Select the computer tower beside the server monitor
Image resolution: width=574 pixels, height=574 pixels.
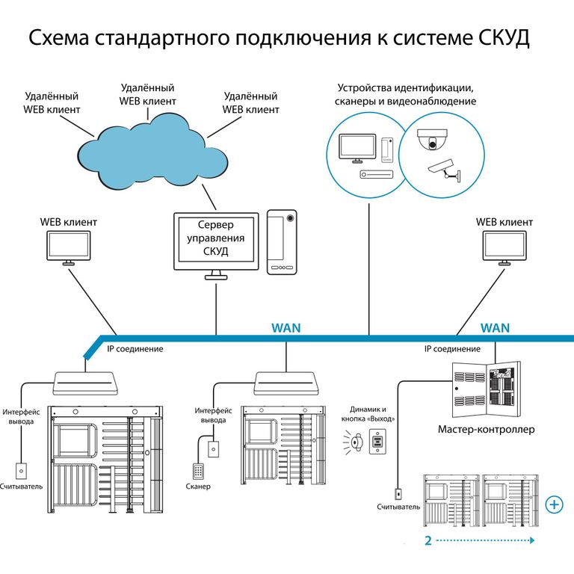coord(282,241)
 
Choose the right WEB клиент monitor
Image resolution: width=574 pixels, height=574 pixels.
coord(504,247)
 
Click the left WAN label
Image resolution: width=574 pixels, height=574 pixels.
coord(286,327)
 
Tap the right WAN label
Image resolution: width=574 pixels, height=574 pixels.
coord(495,327)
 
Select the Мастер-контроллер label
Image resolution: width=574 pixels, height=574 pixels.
coord(487,430)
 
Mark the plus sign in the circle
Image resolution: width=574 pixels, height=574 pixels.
coord(555,504)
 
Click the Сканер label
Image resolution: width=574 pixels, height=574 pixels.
coord(198,487)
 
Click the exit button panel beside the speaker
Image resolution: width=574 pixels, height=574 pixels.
coord(378,442)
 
